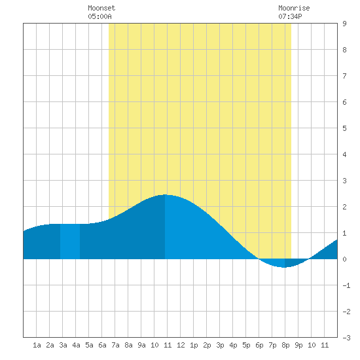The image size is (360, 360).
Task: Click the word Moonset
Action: click(101, 8)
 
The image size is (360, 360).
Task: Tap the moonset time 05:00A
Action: click(99, 16)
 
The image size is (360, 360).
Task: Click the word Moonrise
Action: click(294, 8)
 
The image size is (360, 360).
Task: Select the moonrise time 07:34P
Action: click(290, 16)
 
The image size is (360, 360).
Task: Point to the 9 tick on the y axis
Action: click(344, 24)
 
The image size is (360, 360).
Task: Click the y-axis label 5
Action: click(344, 128)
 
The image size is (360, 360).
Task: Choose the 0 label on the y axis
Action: click(344, 259)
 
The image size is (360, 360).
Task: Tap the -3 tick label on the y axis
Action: click(346, 338)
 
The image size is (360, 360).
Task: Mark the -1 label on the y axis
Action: click(346, 285)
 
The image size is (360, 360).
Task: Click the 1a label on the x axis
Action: click(37, 345)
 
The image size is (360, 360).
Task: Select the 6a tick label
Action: click(102, 345)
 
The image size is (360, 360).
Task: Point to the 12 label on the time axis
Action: click(181, 345)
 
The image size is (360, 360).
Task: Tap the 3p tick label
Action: click(220, 345)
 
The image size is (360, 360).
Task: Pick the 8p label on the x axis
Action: click(285, 345)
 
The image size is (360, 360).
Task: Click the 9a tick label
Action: click(141, 345)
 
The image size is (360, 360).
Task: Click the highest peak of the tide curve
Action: click(165, 194)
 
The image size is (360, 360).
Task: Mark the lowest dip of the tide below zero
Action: click(284, 267)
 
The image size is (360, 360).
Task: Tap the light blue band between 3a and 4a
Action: click(70, 242)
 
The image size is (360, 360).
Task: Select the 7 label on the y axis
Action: click(344, 76)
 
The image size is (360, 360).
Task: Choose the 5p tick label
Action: click(246, 345)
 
